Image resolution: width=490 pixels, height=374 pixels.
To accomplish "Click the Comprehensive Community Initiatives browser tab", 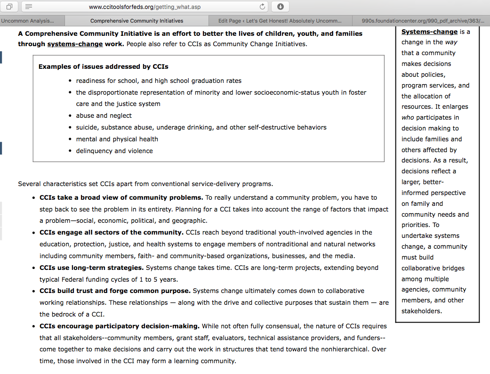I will [137, 21].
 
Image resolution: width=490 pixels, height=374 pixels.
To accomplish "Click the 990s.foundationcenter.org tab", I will [423, 21].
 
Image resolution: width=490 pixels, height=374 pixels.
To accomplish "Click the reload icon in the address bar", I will [263, 7].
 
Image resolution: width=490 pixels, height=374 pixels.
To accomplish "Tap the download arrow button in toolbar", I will [280, 7].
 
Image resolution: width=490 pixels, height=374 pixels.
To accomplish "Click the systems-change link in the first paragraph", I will [75, 44].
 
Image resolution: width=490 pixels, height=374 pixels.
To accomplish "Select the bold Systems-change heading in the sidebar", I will [429, 32].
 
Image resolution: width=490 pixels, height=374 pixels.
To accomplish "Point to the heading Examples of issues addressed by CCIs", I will [103, 66].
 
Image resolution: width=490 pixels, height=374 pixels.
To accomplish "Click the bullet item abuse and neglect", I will [104, 115].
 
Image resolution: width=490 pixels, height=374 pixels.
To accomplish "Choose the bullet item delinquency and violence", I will [114, 151].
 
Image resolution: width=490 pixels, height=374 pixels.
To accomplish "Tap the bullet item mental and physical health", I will [117, 139].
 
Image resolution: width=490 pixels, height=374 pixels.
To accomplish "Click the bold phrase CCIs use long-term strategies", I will [91, 268].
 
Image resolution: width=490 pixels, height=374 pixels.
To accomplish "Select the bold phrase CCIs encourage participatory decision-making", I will [120, 326].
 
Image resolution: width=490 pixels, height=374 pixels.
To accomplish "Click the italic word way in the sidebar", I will [451, 42].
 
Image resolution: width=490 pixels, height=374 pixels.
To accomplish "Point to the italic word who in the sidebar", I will [408, 117].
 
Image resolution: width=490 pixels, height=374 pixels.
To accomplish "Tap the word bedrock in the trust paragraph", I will [64, 314].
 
